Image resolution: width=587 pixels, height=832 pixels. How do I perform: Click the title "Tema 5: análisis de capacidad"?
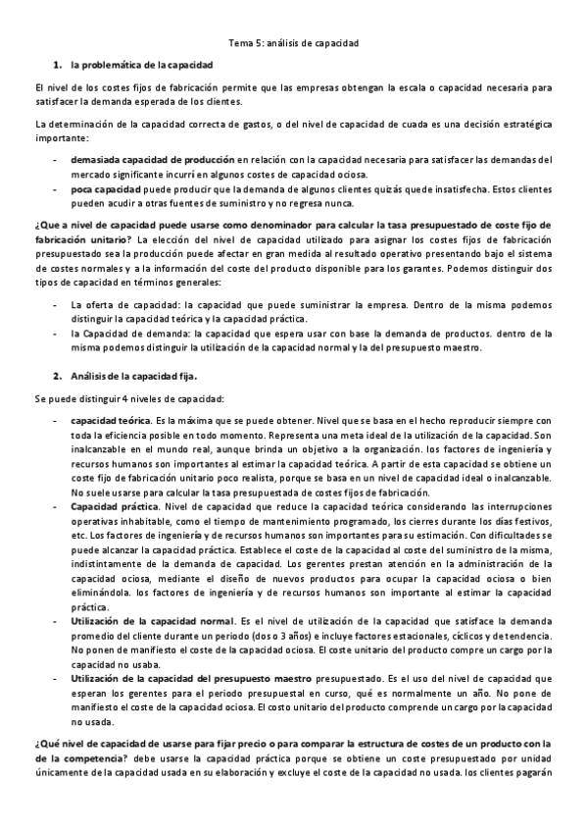293,43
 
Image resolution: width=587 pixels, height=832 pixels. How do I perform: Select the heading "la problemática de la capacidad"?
141,65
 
